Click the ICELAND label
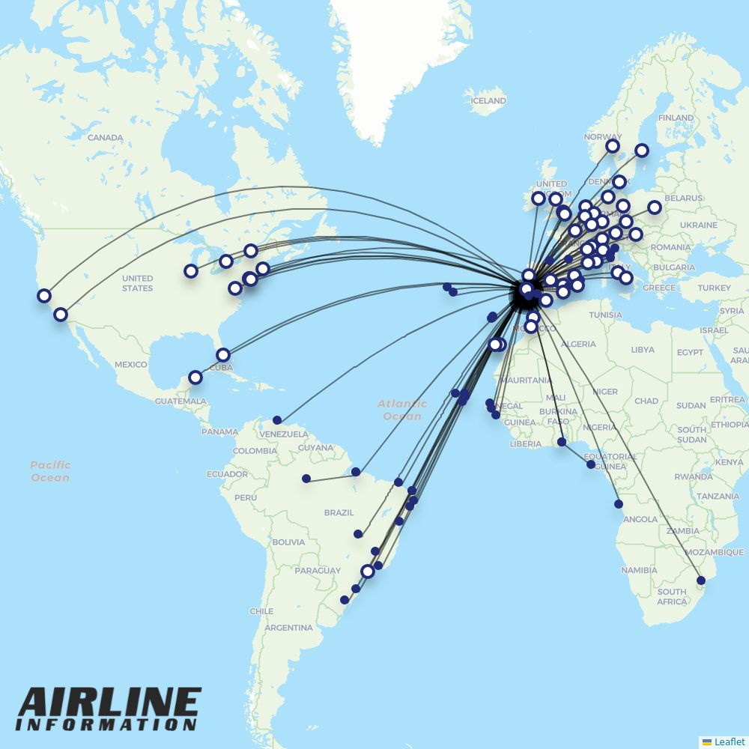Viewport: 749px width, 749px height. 488,100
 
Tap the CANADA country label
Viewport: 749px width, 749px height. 105,138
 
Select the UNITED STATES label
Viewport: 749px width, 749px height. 137,283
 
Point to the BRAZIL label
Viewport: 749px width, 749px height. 339,513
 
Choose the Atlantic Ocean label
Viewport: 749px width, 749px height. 403,410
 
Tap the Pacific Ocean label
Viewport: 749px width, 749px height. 51,471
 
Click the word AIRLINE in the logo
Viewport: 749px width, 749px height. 109,703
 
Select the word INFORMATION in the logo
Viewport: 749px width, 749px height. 106,724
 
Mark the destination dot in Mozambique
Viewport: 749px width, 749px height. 701,580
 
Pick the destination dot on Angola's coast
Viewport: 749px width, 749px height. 619,504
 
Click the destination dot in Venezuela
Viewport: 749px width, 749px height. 277,420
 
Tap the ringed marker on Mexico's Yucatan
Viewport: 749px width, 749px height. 195,377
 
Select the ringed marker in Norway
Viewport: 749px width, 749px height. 613,146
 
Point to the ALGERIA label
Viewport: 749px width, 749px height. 579,345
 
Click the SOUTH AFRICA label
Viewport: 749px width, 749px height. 672,596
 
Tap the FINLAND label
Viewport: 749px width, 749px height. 676,118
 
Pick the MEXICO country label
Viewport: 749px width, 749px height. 131,365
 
